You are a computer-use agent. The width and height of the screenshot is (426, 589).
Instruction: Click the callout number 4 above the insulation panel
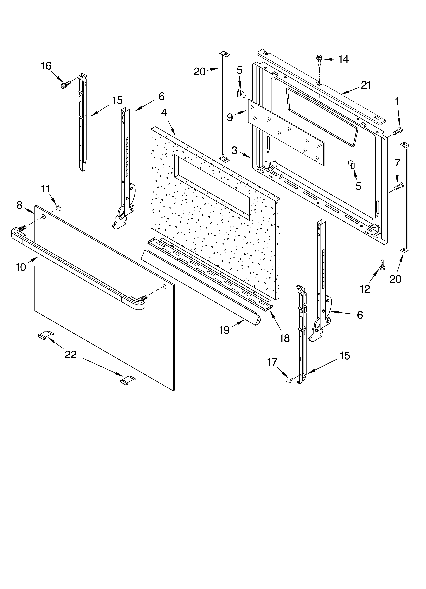(x=164, y=113)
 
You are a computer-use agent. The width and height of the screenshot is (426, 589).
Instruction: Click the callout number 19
(x=224, y=330)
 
